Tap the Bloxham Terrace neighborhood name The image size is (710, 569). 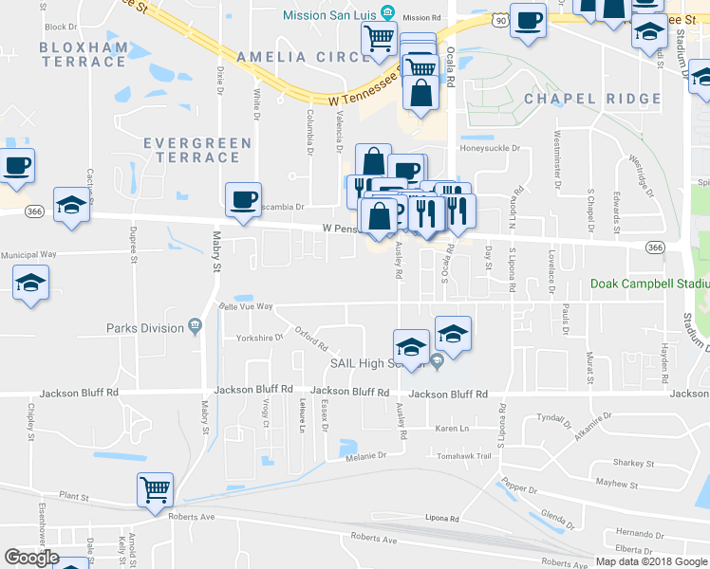84,54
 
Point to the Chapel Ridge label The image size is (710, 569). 591,99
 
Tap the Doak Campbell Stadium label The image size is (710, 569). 649,284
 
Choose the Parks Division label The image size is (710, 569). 144,328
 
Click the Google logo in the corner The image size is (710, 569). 31,558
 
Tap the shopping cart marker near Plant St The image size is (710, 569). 155,490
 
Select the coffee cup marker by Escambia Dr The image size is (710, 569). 244,199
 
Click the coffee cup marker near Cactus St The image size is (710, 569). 17,166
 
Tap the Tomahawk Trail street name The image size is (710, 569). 464,456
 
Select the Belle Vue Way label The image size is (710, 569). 246,307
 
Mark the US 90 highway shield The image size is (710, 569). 501,18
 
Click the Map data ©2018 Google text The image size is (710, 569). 650,561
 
